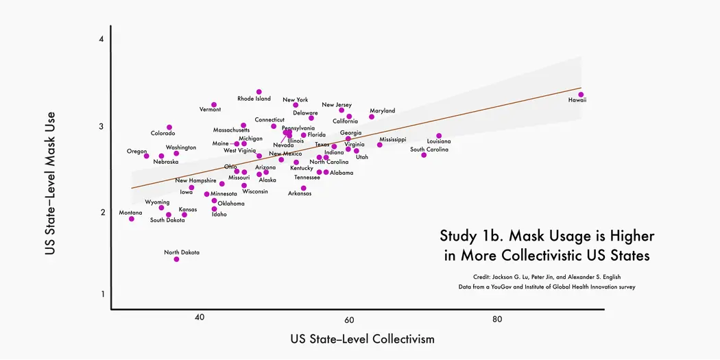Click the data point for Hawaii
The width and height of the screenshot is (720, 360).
(581, 95)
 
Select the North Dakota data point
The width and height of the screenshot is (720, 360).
(176, 259)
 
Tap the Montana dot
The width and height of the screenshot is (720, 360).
(132, 219)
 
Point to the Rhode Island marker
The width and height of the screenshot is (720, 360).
(259, 92)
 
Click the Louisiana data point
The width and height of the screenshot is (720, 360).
(439, 136)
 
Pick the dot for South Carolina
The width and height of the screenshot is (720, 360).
(424, 155)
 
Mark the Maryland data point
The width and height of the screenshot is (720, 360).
(372, 117)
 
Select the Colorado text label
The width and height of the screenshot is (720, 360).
(163, 134)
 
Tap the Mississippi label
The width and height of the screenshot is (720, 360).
(393, 140)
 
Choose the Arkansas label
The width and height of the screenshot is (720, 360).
(300, 194)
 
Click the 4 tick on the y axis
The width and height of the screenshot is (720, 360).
(101, 40)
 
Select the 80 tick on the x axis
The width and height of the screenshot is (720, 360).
(497, 318)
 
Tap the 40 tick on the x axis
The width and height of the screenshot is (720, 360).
(200, 318)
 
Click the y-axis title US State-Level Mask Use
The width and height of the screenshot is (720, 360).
(50, 183)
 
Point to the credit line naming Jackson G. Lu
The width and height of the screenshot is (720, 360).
(547, 276)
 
